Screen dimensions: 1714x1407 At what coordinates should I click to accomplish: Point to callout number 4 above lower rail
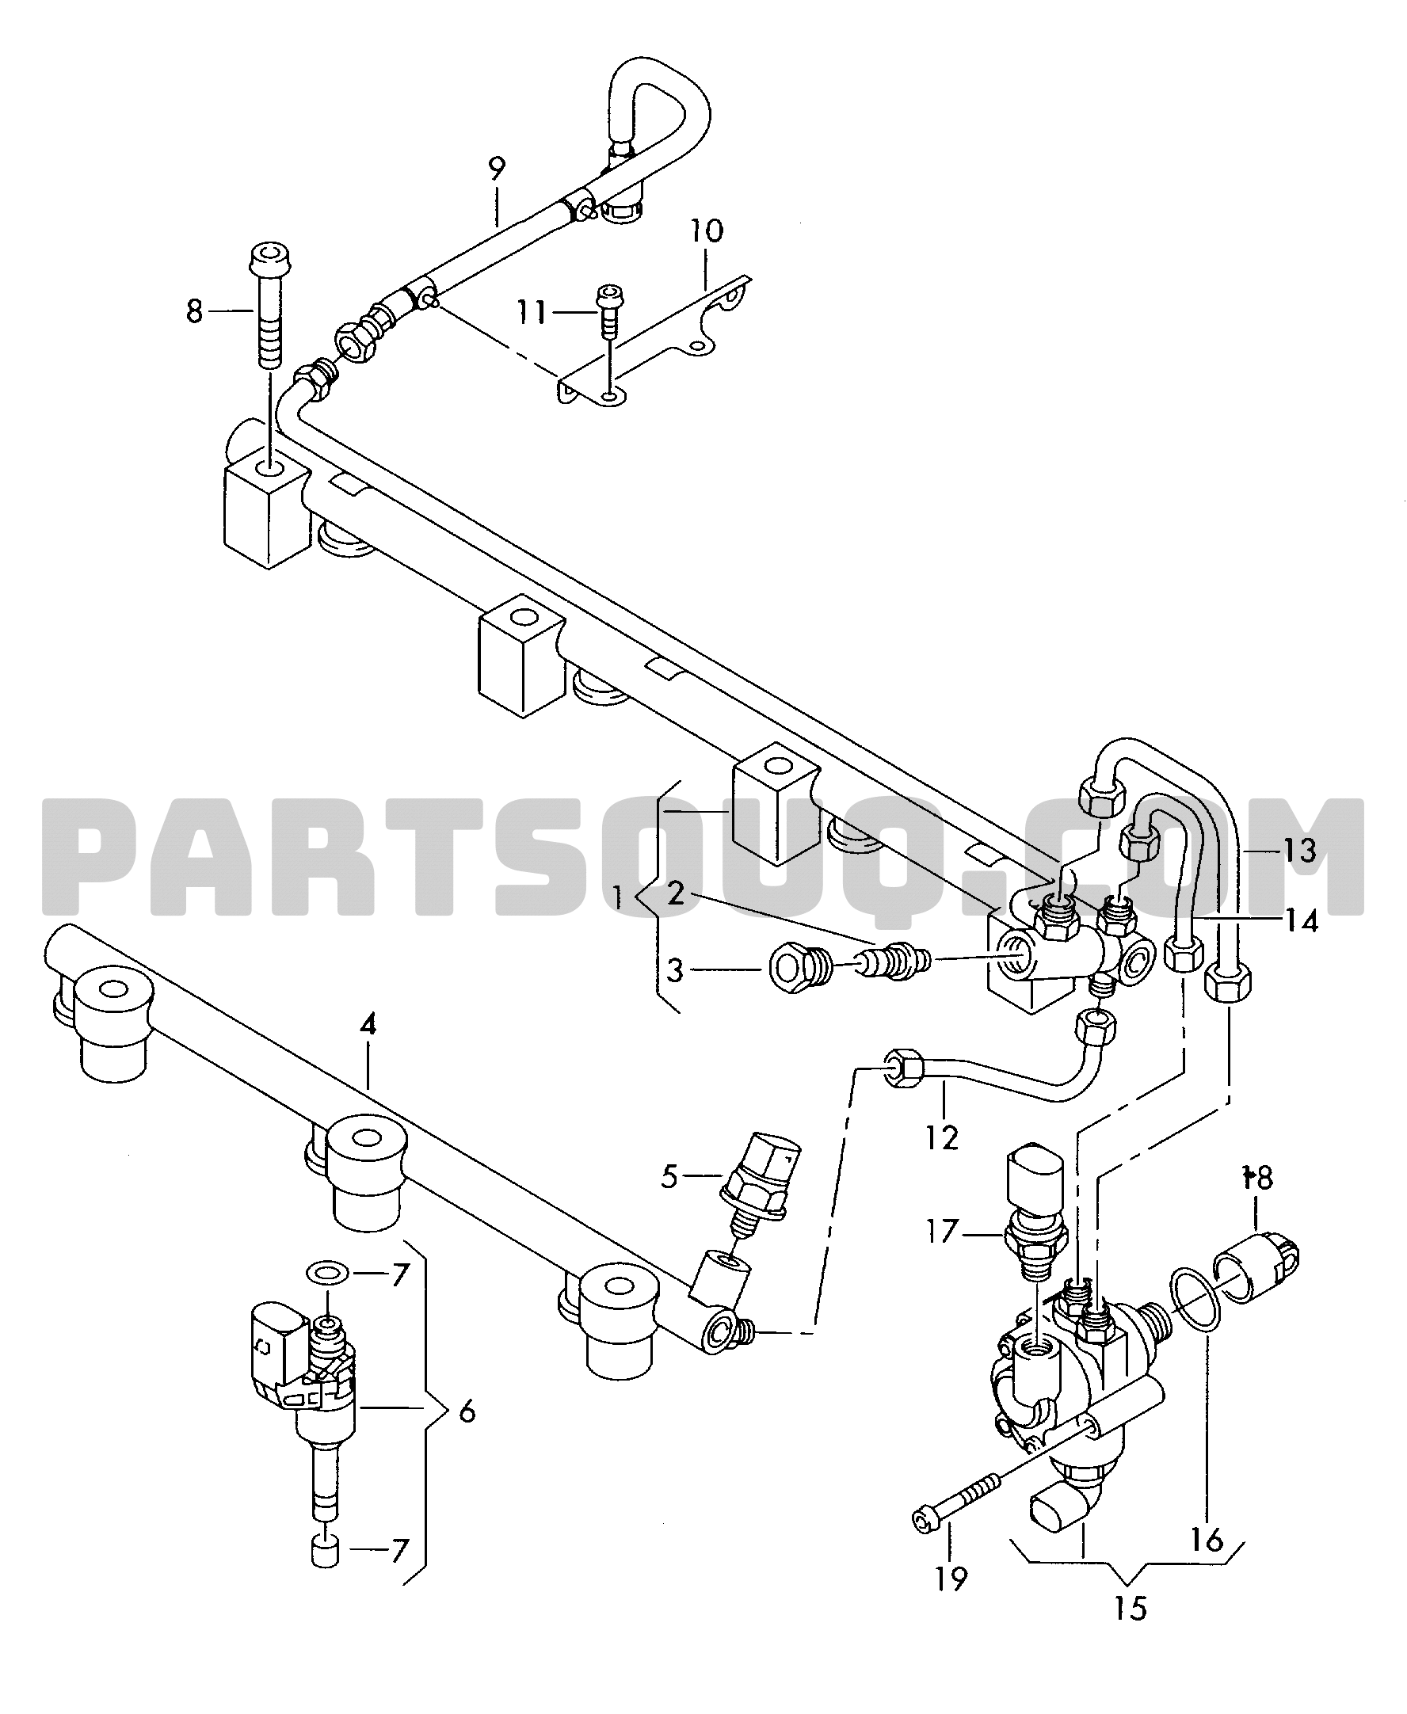click(368, 1025)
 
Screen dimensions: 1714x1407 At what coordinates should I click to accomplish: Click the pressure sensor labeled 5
click(761, 1184)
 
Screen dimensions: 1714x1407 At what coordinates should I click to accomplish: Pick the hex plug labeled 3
click(799, 968)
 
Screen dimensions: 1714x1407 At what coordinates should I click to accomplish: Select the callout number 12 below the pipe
click(941, 1138)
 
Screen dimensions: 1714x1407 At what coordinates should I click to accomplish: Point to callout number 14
click(1302, 920)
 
